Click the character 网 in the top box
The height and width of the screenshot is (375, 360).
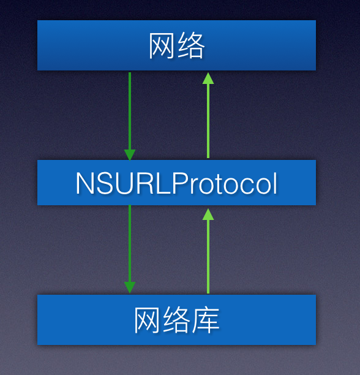pyautogui.click(x=162, y=46)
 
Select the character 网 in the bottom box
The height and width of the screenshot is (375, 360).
pyautogui.click(x=148, y=320)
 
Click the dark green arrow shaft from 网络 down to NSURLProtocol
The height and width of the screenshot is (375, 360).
pyautogui.click(x=130, y=110)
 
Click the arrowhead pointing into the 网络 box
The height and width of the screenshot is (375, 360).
pyautogui.click(x=208, y=78)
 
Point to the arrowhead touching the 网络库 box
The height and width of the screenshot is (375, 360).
pyautogui.click(x=130, y=287)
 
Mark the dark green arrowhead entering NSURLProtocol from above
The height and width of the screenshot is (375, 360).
pyautogui.click(x=130, y=154)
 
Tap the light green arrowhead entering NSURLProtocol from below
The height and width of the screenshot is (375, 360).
pyautogui.click(x=208, y=214)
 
